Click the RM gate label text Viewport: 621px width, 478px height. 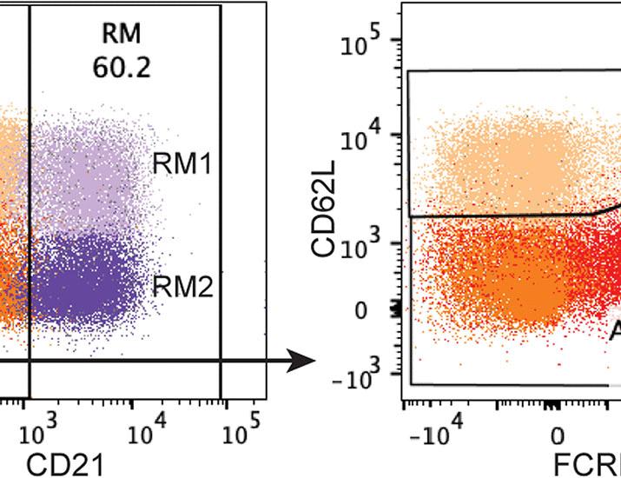coord(121,35)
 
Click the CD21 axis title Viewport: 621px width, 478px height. coord(65,464)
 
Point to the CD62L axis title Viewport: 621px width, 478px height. coord(325,213)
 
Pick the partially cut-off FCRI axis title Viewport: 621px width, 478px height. coord(586,464)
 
